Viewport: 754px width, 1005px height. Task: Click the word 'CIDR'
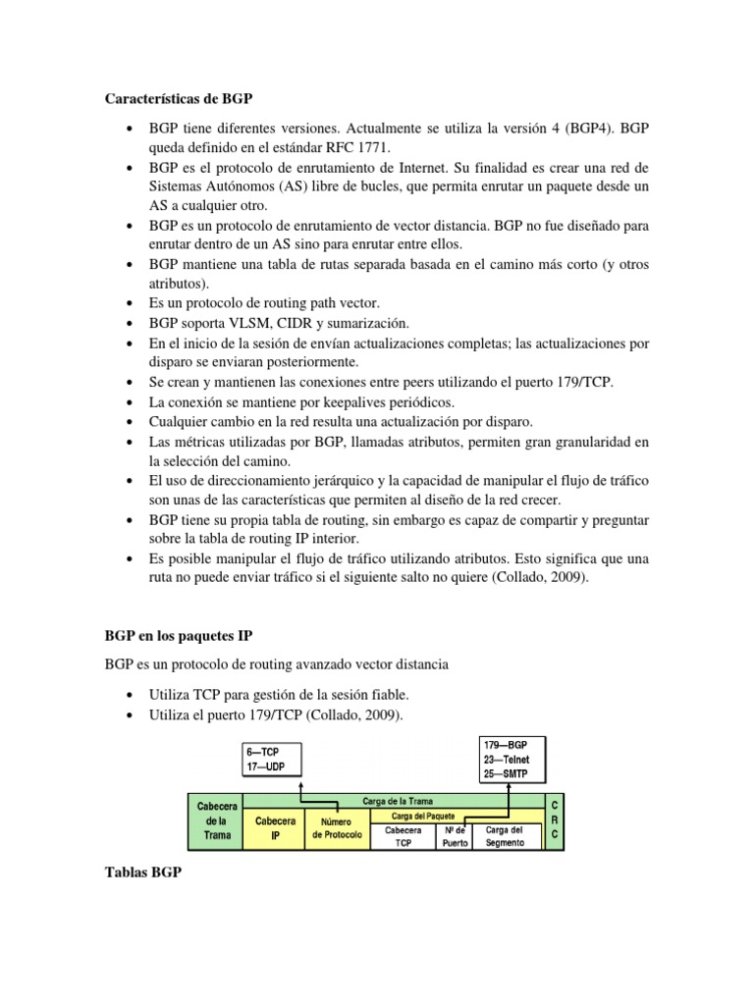click(303, 323)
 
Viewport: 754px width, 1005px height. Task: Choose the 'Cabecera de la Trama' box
click(214, 822)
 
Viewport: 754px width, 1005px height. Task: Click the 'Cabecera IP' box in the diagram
click(274, 827)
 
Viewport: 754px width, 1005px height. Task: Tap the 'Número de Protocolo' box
click(337, 827)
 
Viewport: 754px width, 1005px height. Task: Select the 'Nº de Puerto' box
click(456, 835)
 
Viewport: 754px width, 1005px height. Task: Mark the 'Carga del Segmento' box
click(506, 835)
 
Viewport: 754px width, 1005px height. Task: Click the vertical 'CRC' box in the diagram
click(555, 822)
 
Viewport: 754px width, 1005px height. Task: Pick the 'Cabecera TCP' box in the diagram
click(404, 835)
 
